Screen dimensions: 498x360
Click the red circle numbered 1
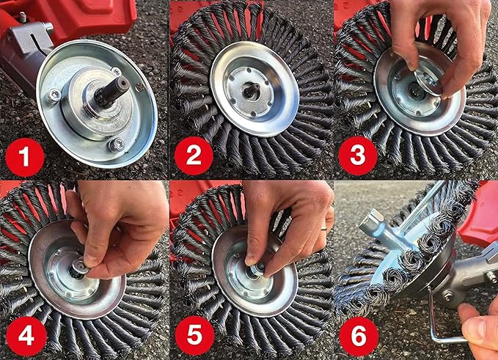(x=25, y=158)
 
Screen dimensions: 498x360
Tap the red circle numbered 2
(x=194, y=156)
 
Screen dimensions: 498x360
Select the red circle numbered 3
(x=358, y=156)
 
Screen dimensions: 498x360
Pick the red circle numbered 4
(x=26, y=337)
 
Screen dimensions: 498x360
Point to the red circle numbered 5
(x=194, y=336)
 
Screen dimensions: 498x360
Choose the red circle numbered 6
(x=359, y=337)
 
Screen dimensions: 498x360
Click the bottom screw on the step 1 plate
(x=117, y=144)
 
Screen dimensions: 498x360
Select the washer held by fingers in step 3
(x=428, y=82)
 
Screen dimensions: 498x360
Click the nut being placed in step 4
(x=80, y=266)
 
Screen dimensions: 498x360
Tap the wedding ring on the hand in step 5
(x=323, y=227)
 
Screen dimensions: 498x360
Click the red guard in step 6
(x=478, y=219)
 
